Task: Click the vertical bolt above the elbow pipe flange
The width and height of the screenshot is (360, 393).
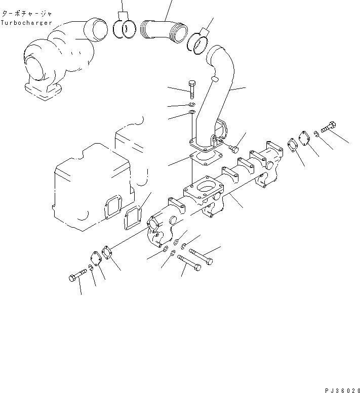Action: tap(191, 90)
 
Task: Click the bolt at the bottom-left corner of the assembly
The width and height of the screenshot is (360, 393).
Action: tap(75, 277)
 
